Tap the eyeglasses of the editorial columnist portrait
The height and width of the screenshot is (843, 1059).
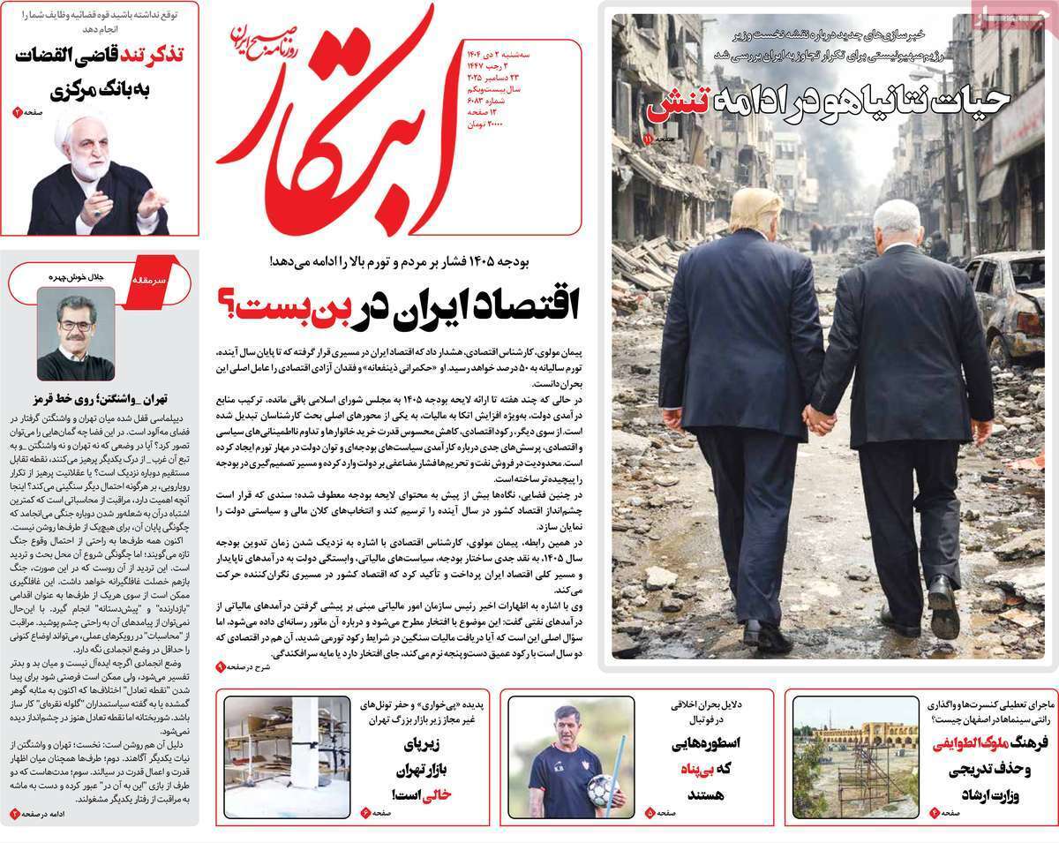(76, 325)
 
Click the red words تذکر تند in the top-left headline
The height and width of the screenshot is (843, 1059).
(150, 54)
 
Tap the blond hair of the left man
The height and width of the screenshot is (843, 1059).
(756, 209)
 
